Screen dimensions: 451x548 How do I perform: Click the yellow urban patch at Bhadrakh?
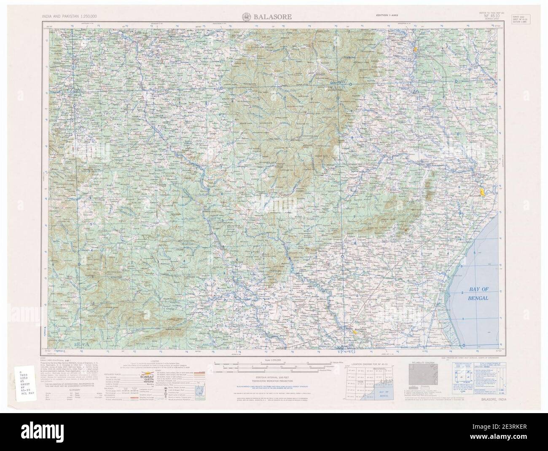357,332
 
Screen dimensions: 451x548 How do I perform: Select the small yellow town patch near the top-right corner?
415,49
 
